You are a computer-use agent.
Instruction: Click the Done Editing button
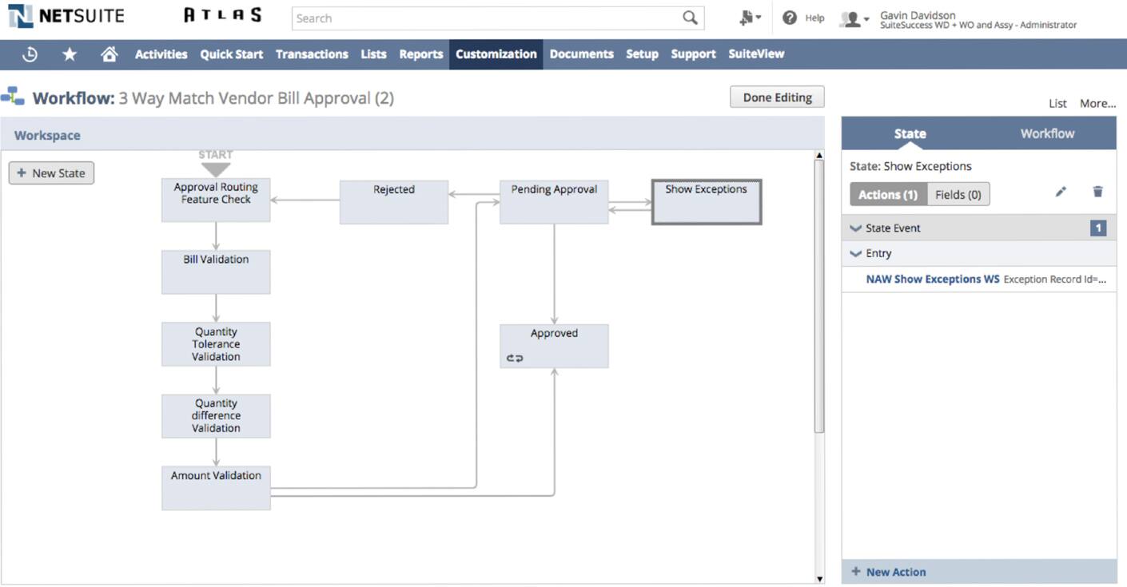[x=777, y=97]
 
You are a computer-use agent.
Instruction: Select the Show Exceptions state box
[x=707, y=201]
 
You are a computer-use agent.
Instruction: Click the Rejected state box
[x=394, y=201]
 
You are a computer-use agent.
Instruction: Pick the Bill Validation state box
[x=216, y=272]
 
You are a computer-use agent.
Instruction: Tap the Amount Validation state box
[x=216, y=488]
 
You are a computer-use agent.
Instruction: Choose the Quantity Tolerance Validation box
[x=216, y=344]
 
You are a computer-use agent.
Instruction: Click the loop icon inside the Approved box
[x=515, y=358]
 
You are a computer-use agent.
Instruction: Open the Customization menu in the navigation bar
[x=496, y=54]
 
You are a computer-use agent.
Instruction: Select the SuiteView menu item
[x=756, y=54]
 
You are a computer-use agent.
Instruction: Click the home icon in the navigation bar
[x=110, y=54]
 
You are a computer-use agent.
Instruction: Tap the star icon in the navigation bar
[x=70, y=54]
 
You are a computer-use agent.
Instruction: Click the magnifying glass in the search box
[x=690, y=18]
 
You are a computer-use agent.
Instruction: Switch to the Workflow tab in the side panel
[x=1048, y=133]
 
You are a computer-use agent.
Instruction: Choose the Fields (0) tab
[x=958, y=195]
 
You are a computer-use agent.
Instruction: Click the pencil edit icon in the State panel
[x=1061, y=192]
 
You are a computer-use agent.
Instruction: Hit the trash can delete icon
[x=1097, y=192]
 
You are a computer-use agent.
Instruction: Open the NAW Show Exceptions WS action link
[x=933, y=279]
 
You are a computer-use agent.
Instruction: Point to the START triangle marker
[x=216, y=169]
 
